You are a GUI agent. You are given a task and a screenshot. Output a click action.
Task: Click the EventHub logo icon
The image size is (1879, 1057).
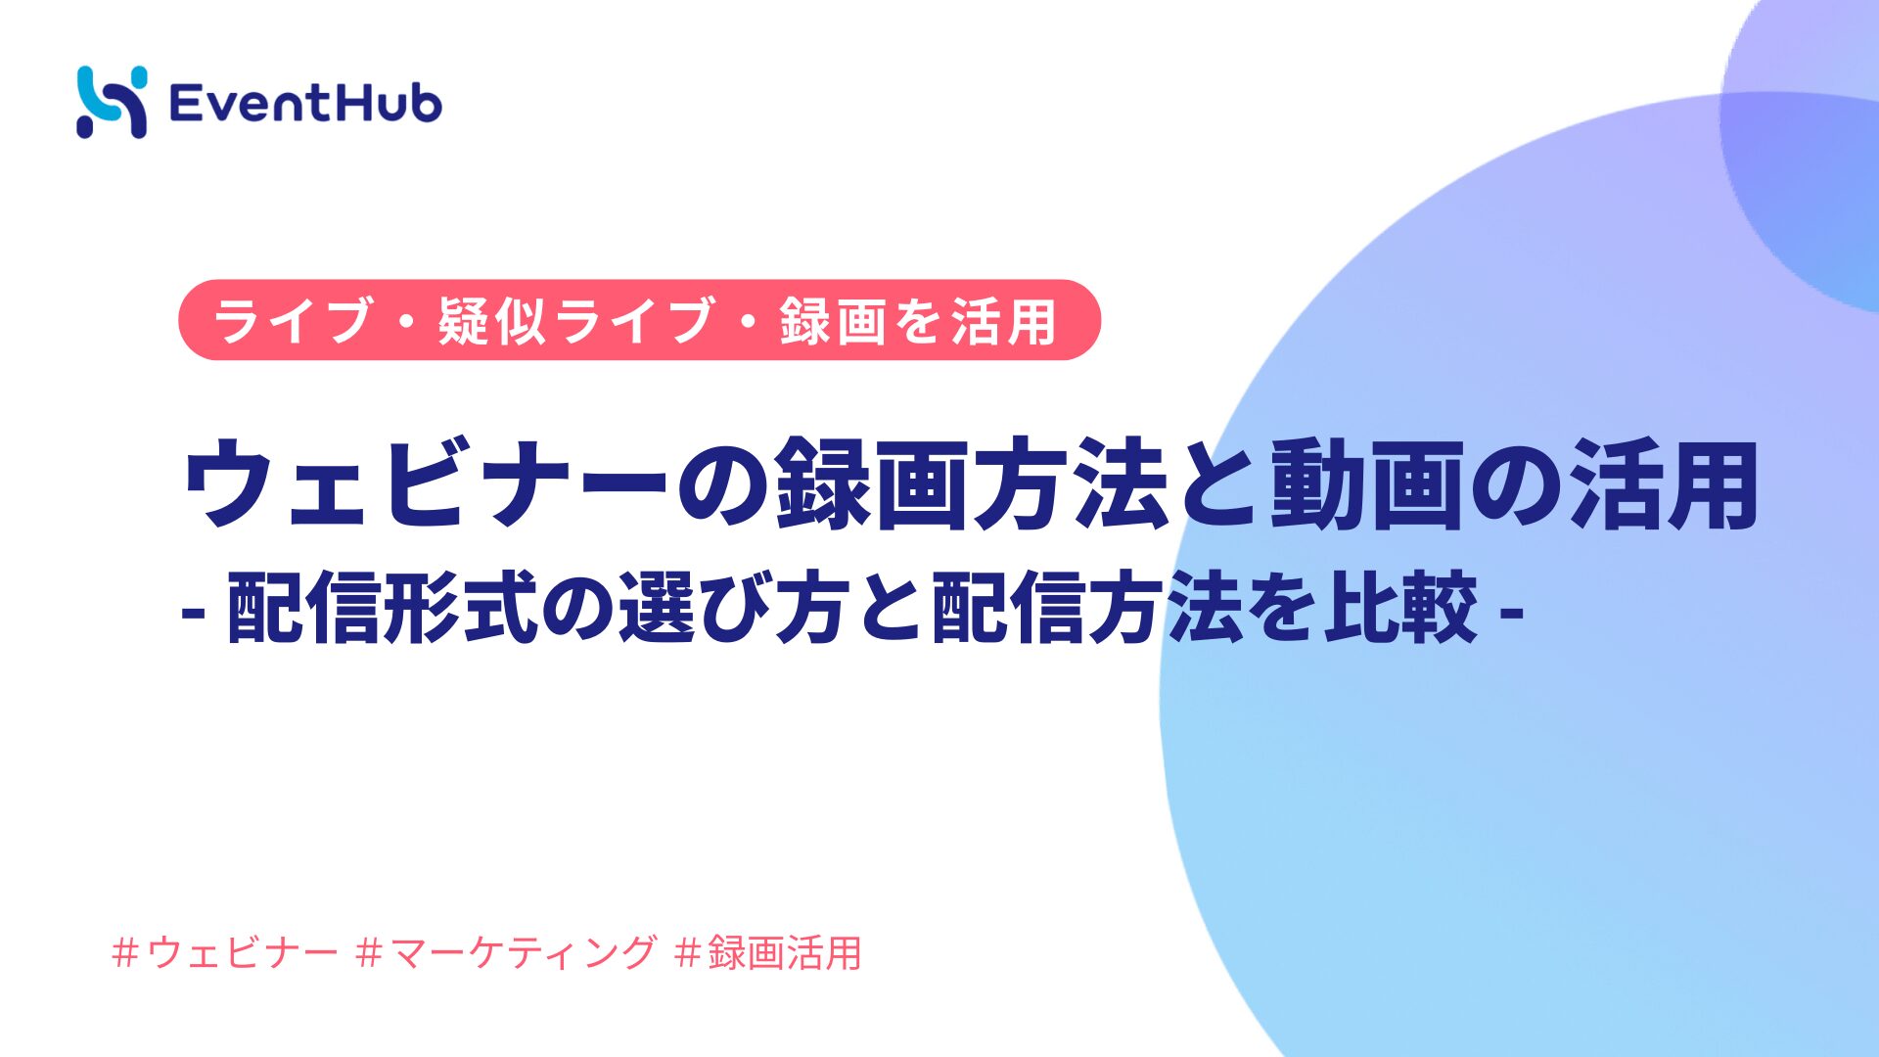[112, 102]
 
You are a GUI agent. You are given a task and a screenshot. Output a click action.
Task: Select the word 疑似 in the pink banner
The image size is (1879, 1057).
[491, 321]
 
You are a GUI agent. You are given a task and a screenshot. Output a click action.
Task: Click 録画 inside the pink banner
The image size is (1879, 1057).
[833, 321]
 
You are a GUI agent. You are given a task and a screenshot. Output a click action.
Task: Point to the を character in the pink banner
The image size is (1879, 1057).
[919, 321]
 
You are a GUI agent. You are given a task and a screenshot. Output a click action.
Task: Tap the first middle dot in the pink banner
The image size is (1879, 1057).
[405, 321]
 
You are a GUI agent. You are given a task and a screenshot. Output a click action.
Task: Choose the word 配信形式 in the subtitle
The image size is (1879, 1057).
[383, 608]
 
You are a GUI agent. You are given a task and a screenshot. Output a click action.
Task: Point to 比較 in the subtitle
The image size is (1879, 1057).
[1401, 608]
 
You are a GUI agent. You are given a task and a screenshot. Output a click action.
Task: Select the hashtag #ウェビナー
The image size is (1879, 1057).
[225, 952]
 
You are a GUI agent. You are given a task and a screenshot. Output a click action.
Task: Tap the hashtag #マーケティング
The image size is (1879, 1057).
[506, 952]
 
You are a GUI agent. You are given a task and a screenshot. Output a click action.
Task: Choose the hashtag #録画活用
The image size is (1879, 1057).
[768, 952]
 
